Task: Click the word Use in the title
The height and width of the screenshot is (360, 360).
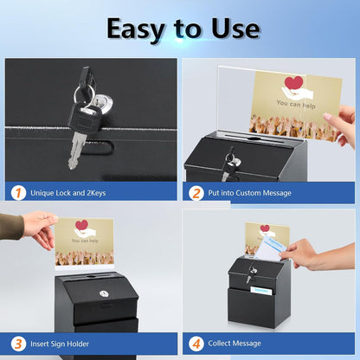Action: (x=228, y=29)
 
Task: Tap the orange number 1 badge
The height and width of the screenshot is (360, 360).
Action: (x=18, y=192)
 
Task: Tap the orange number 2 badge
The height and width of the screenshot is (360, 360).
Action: (x=197, y=192)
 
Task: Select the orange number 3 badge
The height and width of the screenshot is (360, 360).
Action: (x=18, y=342)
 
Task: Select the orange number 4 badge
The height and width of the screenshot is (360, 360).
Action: (x=197, y=342)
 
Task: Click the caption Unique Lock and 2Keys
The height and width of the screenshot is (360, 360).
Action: (x=70, y=193)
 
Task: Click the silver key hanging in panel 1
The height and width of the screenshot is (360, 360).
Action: (x=76, y=151)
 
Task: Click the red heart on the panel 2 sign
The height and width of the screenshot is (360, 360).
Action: (x=293, y=84)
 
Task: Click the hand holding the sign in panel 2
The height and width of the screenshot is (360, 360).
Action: (x=344, y=124)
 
